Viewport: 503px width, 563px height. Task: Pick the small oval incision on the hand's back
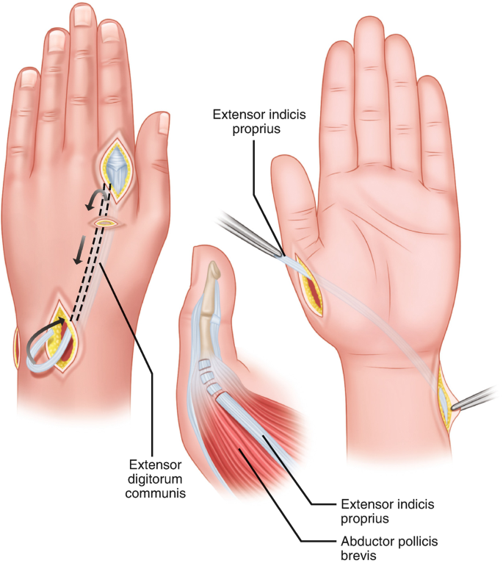click(106, 221)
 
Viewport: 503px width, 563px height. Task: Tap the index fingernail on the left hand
click(112, 31)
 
